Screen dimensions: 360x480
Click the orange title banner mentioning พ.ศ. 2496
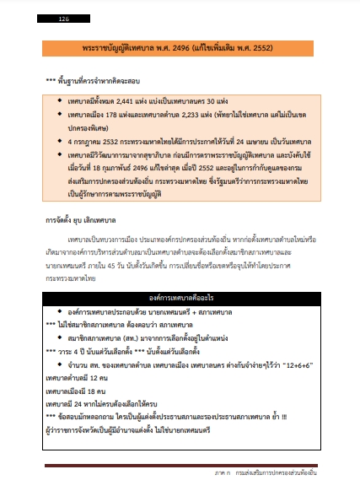tap(179, 48)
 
